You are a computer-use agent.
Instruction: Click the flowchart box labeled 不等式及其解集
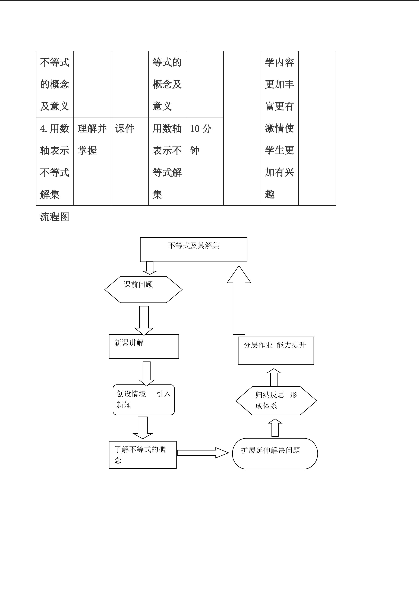[x=194, y=250]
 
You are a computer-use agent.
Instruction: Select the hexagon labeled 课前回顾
[x=143, y=290]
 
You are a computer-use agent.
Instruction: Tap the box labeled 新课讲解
[x=144, y=346]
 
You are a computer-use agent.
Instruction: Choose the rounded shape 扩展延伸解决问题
[x=275, y=454]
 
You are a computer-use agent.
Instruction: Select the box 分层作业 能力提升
[x=276, y=350]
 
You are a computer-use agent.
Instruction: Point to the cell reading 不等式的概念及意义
[x=55, y=84]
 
